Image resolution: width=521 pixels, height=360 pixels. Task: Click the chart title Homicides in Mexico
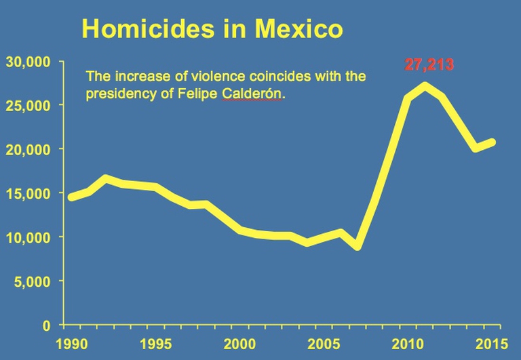coord(212,29)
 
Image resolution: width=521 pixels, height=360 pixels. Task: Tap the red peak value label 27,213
coord(429,65)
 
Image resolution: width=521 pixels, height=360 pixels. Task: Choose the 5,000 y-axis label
coord(32,281)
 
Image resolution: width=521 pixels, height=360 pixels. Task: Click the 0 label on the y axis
coord(45,325)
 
